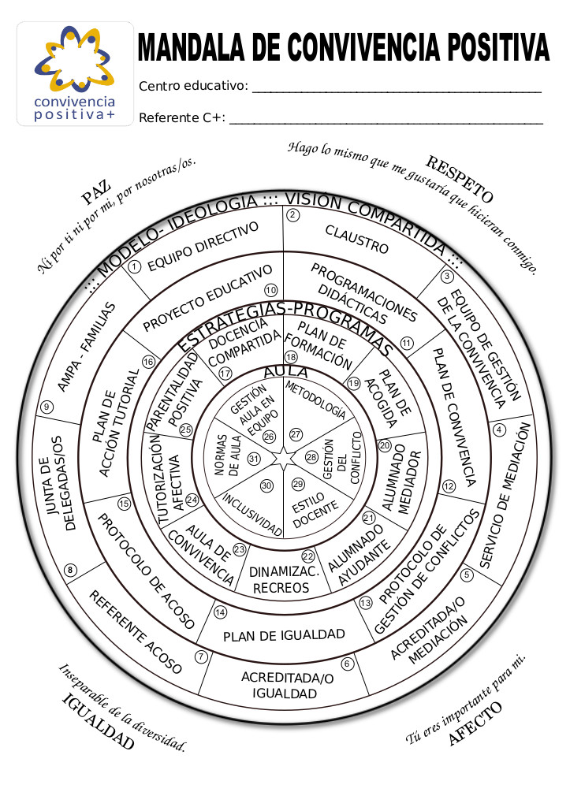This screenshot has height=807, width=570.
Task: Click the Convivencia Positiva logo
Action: [x=75, y=73]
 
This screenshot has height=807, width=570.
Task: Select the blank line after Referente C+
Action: [x=386, y=123]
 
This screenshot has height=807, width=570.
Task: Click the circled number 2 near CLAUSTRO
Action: [x=292, y=214]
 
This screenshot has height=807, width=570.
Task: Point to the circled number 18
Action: [x=290, y=357]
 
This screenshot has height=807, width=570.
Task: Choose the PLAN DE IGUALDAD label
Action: [x=284, y=634]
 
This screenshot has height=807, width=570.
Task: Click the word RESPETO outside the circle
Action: [x=460, y=179]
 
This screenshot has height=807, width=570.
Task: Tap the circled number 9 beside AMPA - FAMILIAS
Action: [x=47, y=407]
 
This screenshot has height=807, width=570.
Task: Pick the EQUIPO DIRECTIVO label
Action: [x=203, y=246]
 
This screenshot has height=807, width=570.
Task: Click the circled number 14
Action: [x=220, y=612]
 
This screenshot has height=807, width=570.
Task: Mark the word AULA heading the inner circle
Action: [x=286, y=371]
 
